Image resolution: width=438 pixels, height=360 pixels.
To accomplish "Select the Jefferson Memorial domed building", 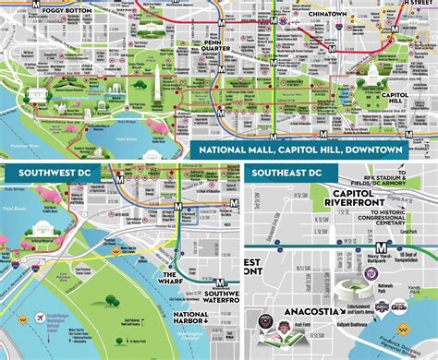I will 43,233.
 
